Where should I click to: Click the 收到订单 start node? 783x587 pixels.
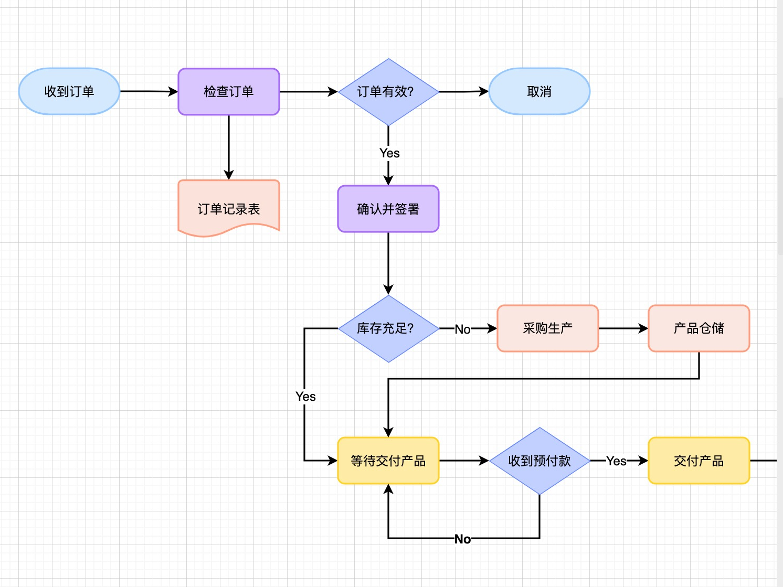point(69,92)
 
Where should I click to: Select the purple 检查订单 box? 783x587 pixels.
point(229,92)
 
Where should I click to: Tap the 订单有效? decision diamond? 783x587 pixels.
point(388,92)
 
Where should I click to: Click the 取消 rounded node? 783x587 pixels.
point(539,92)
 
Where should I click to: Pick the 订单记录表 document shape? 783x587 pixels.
point(229,208)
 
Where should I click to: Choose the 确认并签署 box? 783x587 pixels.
point(388,209)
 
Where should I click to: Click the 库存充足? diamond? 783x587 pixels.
point(388,328)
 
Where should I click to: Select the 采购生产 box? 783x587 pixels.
point(548,328)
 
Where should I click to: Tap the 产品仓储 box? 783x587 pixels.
point(699,328)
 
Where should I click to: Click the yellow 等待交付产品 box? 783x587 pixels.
point(388,461)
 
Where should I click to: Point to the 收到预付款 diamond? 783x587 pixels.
point(539,461)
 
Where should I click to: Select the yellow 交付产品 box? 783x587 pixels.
point(699,461)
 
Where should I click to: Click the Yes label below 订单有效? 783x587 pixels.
point(389,153)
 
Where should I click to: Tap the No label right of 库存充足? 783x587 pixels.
point(462,329)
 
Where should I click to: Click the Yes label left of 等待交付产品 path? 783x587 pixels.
point(305,397)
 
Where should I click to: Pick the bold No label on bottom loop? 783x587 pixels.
point(462,539)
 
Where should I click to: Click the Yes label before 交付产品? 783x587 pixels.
point(616,461)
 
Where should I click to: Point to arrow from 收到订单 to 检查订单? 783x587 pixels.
point(149,91)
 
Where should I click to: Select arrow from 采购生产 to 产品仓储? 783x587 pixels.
point(623,328)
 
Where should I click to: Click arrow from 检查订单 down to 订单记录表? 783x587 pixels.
point(229,147)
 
